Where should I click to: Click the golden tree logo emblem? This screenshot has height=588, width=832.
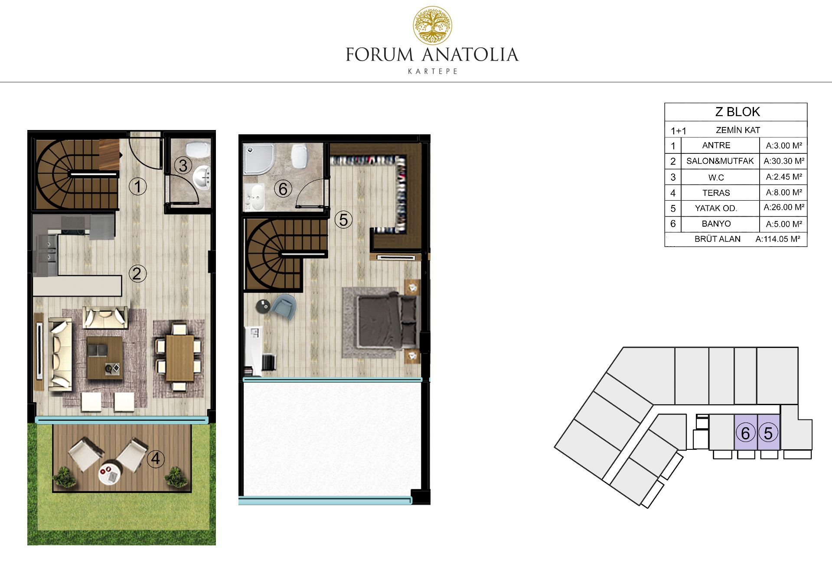[x=432, y=26]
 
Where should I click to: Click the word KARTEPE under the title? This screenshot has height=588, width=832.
[x=433, y=71]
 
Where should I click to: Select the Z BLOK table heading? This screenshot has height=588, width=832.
[x=737, y=112]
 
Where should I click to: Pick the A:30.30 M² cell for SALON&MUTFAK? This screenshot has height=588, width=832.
[x=784, y=161]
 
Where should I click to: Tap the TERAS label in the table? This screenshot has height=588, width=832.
[x=716, y=193]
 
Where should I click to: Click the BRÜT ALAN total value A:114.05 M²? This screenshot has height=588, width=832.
[x=778, y=239]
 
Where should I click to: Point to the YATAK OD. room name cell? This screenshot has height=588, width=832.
[x=716, y=208]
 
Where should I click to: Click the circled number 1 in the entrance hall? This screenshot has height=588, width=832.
[x=138, y=187]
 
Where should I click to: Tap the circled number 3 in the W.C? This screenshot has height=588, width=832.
[x=183, y=166]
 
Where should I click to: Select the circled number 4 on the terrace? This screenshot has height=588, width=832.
[x=156, y=459]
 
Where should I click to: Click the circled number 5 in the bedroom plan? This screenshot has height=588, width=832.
[x=343, y=220]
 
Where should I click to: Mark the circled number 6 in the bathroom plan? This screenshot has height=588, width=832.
[x=283, y=189]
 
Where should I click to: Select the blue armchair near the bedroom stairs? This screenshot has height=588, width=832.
[x=283, y=306]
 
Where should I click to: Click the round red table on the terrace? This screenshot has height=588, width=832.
[x=108, y=474]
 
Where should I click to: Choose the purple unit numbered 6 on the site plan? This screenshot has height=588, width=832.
[x=746, y=432]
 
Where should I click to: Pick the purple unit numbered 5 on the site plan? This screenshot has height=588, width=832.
[x=769, y=432]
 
